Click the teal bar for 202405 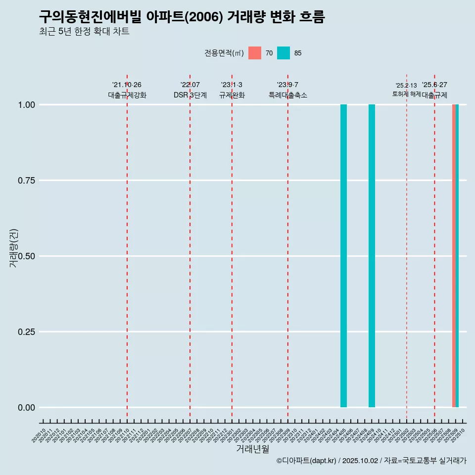[343, 256]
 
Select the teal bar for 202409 [372, 256]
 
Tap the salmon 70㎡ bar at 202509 [454, 256]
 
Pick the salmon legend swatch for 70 [255, 53]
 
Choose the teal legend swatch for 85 [284, 53]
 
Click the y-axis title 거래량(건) [14, 248]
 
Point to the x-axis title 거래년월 [252, 449]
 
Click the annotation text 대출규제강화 [127, 95]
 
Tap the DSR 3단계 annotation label [190, 95]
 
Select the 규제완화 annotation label [232, 95]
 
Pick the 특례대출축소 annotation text [288, 95]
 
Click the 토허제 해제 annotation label [407, 94]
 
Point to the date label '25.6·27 [434, 85]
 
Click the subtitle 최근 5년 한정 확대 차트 [84, 32]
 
